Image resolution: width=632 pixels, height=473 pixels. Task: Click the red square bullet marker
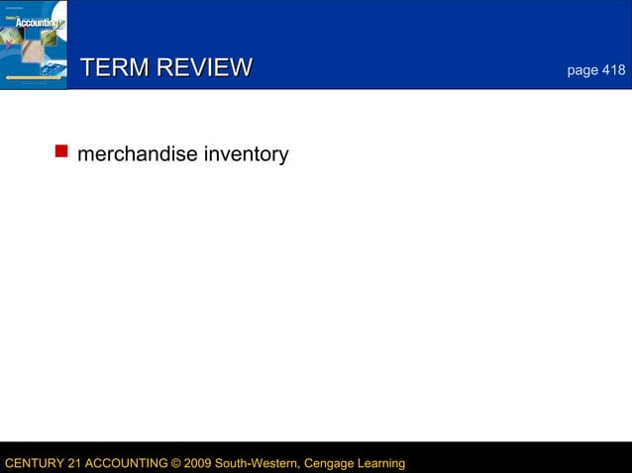pyautogui.click(x=60, y=151)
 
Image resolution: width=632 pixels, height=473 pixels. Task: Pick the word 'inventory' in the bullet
pyautogui.click(x=245, y=155)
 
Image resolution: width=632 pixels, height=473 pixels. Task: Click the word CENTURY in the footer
pyautogui.click(x=34, y=463)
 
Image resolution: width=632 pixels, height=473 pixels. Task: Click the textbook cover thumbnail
pyautogui.click(x=34, y=45)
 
